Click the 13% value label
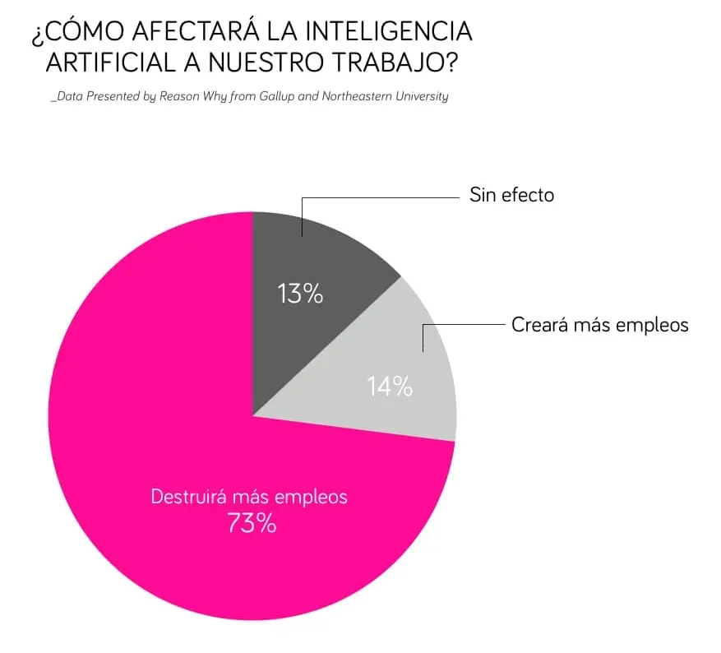300,294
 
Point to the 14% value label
390,386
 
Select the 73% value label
252,523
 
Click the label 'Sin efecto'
511,195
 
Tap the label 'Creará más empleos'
599,324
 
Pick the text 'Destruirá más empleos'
249,497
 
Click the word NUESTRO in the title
290,64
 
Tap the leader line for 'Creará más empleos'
460,325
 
